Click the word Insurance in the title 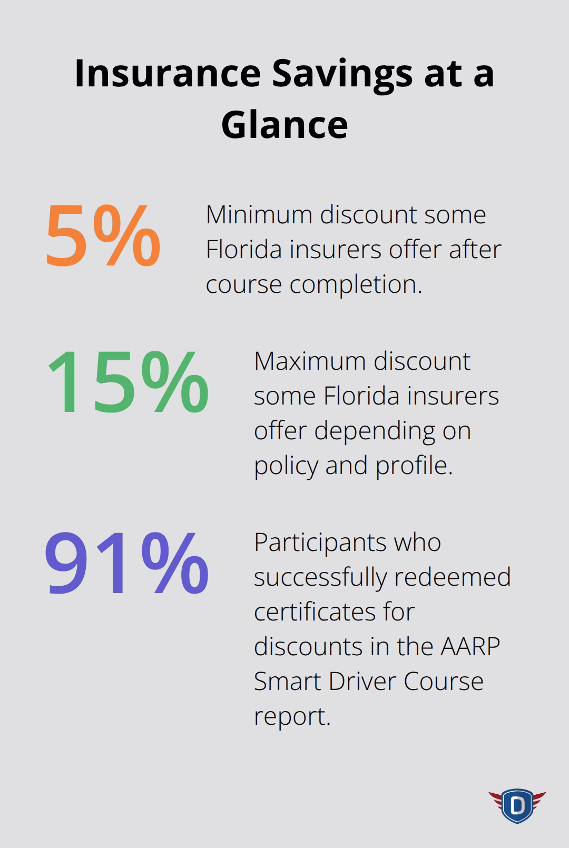pos(168,73)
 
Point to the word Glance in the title pos(284,125)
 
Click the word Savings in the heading pos(341,74)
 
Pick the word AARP pos(470,646)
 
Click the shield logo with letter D pos(517,805)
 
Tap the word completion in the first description pos(356,285)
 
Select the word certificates pos(334,612)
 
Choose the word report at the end pos(292,716)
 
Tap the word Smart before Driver pos(287,681)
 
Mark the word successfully pos(320,578)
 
